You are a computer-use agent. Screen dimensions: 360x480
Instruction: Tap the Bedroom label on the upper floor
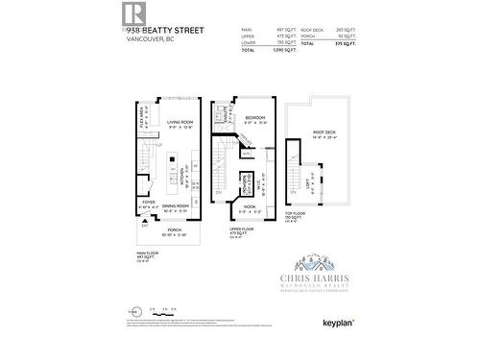[x=253, y=117]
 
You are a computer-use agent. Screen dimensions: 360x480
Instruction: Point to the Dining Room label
[x=175, y=206]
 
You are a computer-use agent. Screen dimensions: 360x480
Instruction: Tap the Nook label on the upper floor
[x=250, y=207]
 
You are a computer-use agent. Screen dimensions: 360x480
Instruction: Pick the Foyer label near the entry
[x=150, y=203]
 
